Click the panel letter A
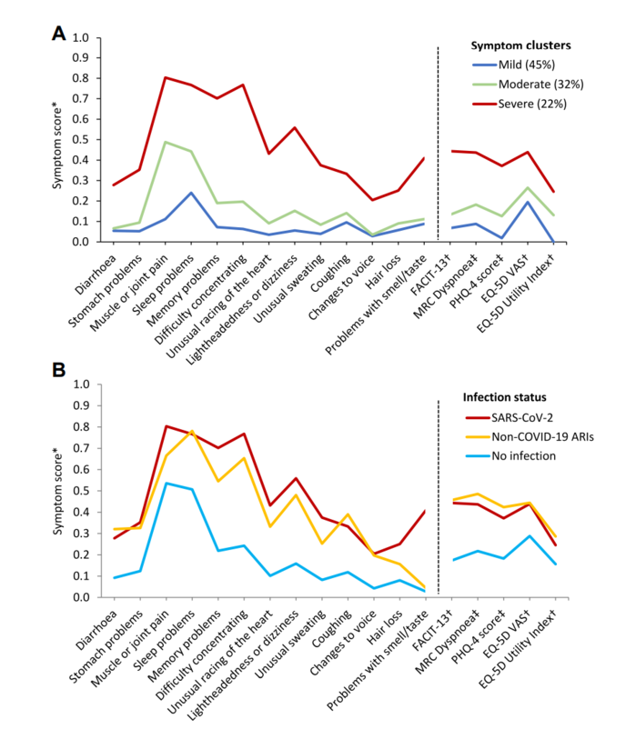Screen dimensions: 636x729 pyautogui.click(x=58, y=34)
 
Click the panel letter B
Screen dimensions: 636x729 pyautogui.click(x=58, y=370)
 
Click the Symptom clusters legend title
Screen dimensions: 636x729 pyautogui.click(x=520, y=45)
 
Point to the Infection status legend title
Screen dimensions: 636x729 pyautogui.click(x=504, y=397)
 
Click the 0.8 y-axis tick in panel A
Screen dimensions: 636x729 pyautogui.click(x=80, y=78)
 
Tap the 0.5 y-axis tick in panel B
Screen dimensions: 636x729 pyautogui.click(x=80, y=491)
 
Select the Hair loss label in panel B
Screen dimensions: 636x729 pyautogui.click(x=384, y=628)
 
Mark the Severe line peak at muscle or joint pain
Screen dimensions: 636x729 pyautogui.click(x=166, y=77)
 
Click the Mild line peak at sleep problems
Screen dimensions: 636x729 pyautogui.click(x=191, y=193)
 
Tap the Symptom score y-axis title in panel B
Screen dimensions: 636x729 pyautogui.click(x=57, y=491)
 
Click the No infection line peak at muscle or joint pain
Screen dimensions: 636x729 pyautogui.click(x=167, y=483)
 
